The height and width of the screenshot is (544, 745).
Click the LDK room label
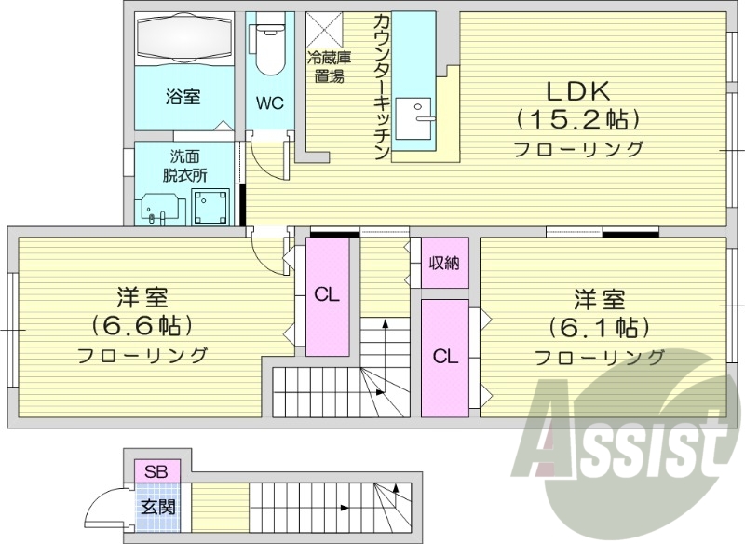(x=577, y=91)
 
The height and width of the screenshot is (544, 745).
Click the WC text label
(x=271, y=102)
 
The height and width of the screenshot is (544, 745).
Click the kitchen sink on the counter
(x=414, y=119)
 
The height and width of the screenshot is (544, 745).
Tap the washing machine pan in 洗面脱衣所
(x=210, y=206)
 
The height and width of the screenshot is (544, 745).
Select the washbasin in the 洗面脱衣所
(x=157, y=207)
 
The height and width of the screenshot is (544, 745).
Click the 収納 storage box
(x=444, y=263)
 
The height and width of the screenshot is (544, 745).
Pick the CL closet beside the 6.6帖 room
(x=326, y=296)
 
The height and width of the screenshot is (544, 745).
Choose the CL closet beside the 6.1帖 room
(x=444, y=356)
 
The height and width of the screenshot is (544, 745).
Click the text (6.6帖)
(x=142, y=326)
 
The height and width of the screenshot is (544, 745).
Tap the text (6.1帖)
(x=598, y=328)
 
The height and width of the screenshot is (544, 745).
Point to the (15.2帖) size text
(x=577, y=119)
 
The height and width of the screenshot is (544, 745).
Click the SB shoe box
(x=156, y=472)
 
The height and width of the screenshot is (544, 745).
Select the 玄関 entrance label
(x=155, y=508)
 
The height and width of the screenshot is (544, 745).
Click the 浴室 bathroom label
(x=183, y=97)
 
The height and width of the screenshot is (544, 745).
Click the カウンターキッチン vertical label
(x=382, y=86)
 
